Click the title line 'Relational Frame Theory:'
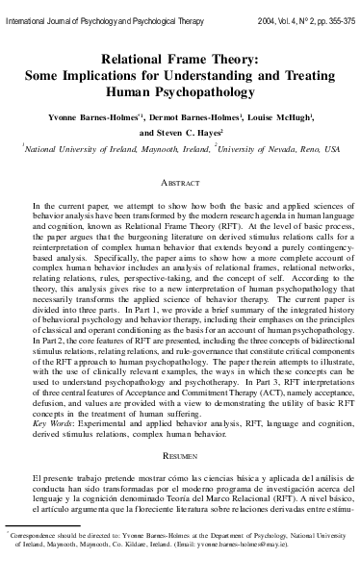181,59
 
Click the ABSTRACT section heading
180,181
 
